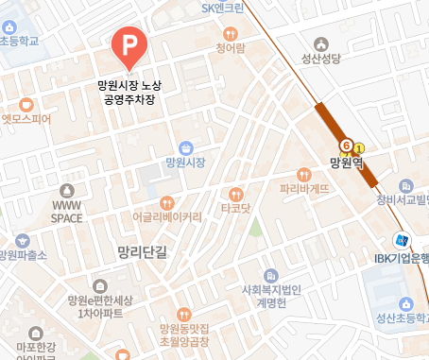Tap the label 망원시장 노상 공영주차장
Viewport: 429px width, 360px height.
tap(129, 92)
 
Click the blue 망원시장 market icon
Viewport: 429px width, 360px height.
tap(186, 147)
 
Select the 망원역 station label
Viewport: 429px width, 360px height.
tap(347, 162)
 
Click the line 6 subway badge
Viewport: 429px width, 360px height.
tap(347, 146)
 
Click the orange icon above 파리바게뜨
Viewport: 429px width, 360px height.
tap(303, 174)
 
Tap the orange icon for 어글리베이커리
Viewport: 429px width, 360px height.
tap(166, 201)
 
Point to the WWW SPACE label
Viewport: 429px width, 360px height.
tap(67, 211)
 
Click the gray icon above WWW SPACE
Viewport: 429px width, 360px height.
tap(66, 190)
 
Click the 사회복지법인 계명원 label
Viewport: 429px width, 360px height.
tap(271, 298)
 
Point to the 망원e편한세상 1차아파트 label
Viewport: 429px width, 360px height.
tap(101, 306)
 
